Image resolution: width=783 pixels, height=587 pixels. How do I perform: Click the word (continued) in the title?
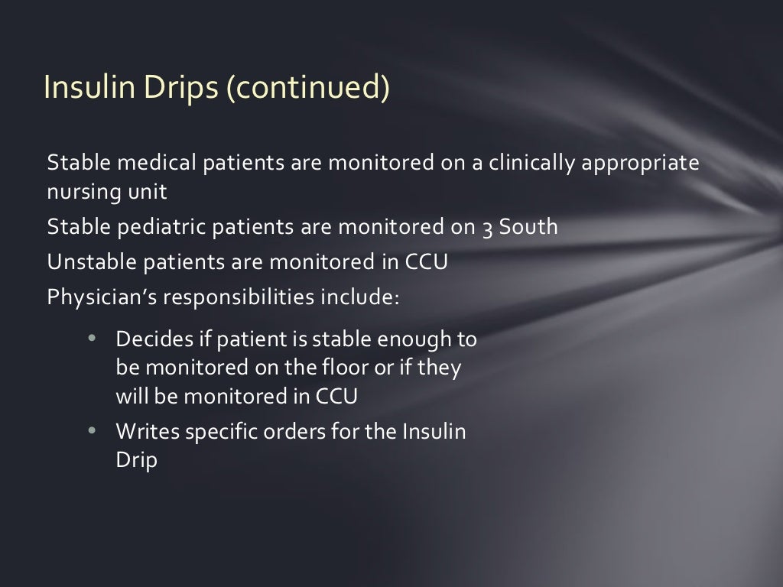tap(307, 87)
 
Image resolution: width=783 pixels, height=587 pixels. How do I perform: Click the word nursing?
tap(79, 192)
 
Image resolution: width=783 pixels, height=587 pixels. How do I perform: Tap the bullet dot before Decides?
tap(92, 338)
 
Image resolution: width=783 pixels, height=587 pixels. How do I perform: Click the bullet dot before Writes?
tap(92, 431)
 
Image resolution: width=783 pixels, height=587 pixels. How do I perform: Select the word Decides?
tap(147, 338)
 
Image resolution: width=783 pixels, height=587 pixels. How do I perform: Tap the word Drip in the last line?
tap(135, 461)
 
